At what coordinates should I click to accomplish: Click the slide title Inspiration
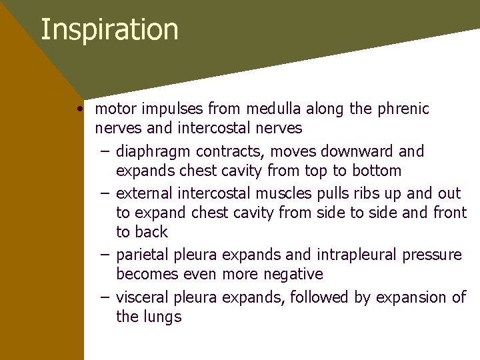(x=109, y=30)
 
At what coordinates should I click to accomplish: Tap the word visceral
(x=142, y=297)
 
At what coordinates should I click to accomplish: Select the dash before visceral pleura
(x=105, y=297)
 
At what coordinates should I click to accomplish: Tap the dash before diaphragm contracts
(x=105, y=151)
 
